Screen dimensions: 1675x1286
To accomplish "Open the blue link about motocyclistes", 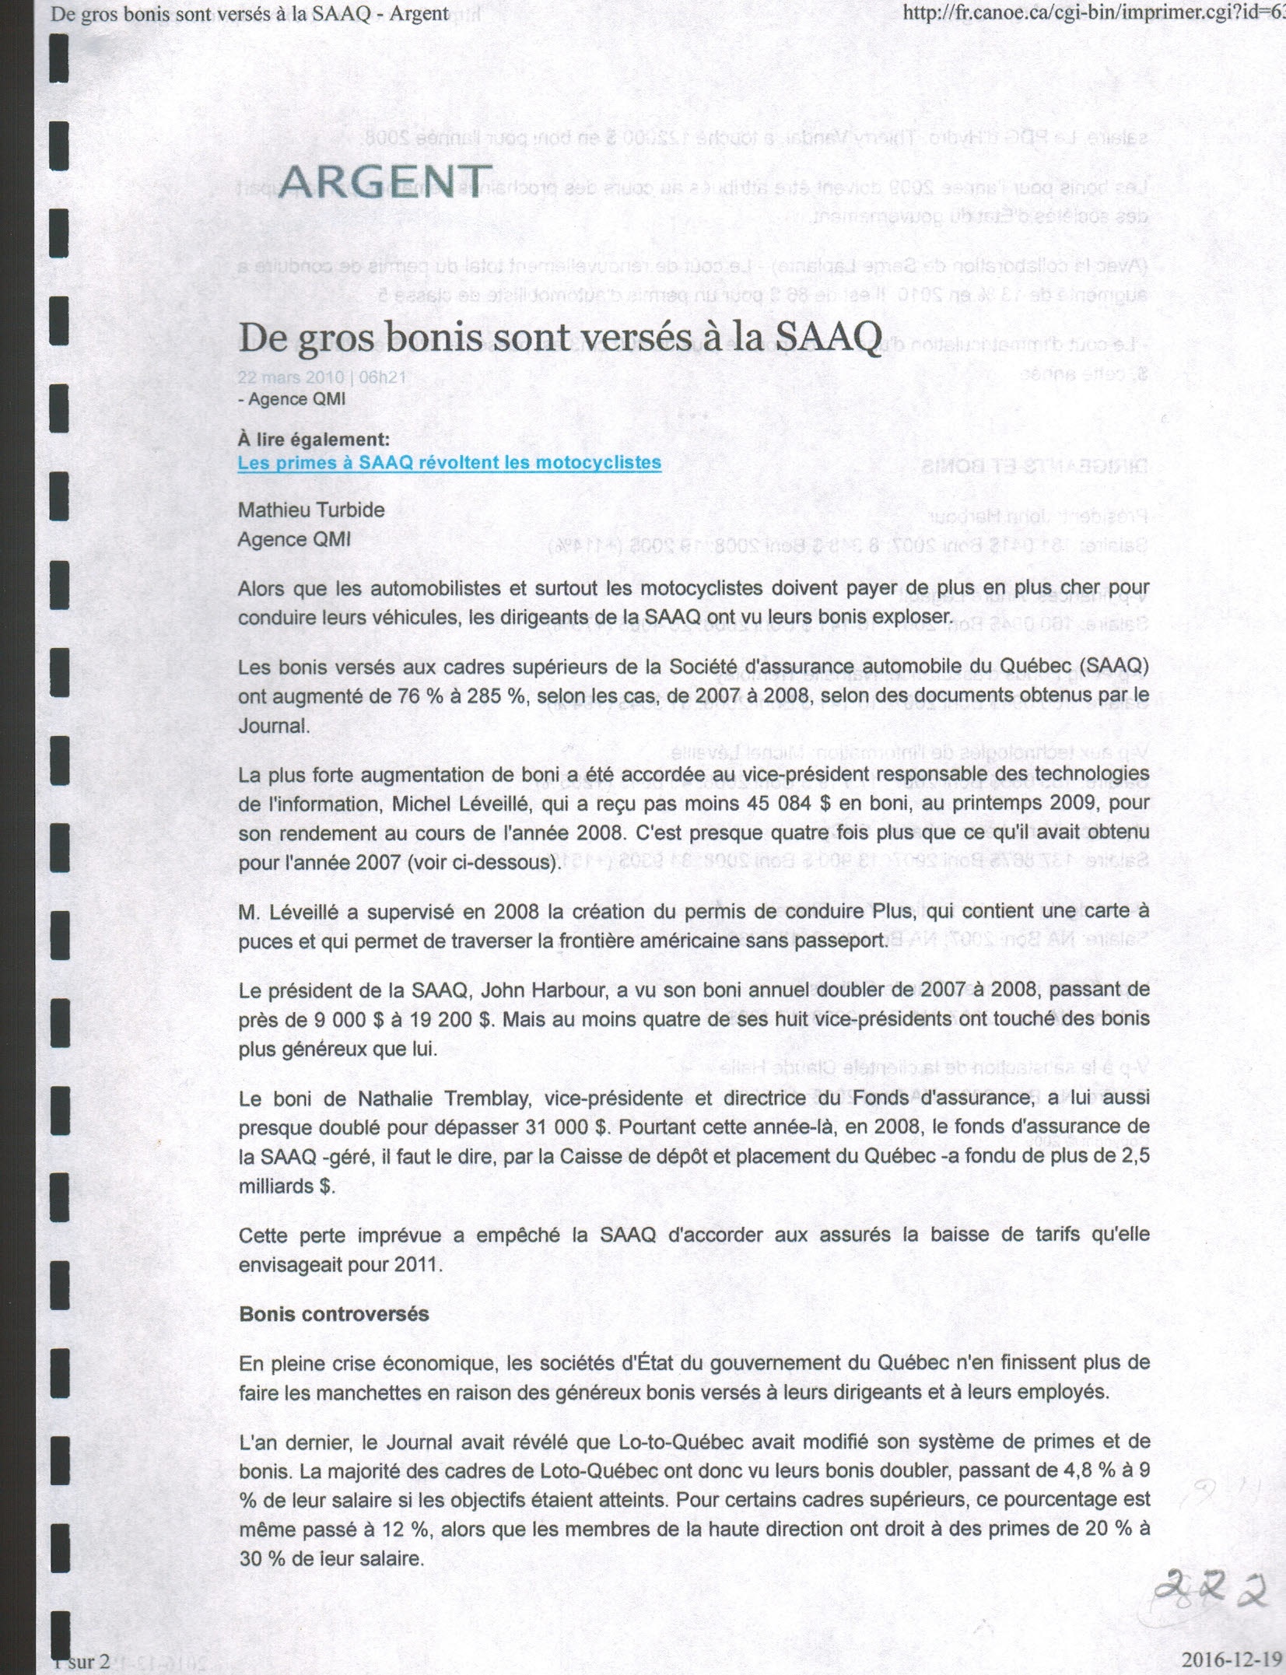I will pyautogui.click(x=449, y=463).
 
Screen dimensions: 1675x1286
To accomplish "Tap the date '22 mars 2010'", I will pyautogui.click(x=290, y=378).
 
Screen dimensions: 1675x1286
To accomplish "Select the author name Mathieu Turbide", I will pyautogui.click(x=311, y=510).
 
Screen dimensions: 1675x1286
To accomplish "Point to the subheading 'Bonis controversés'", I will pyautogui.click(x=334, y=1314).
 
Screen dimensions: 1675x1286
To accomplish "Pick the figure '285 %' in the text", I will pyautogui.click(x=496, y=696).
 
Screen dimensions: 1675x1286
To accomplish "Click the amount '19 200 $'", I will pyautogui.click(x=449, y=1019).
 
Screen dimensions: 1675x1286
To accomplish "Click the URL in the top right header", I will pyautogui.click(x=1093, y=13).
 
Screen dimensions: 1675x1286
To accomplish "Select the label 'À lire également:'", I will pyautogui.click(x=314, y=440).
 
